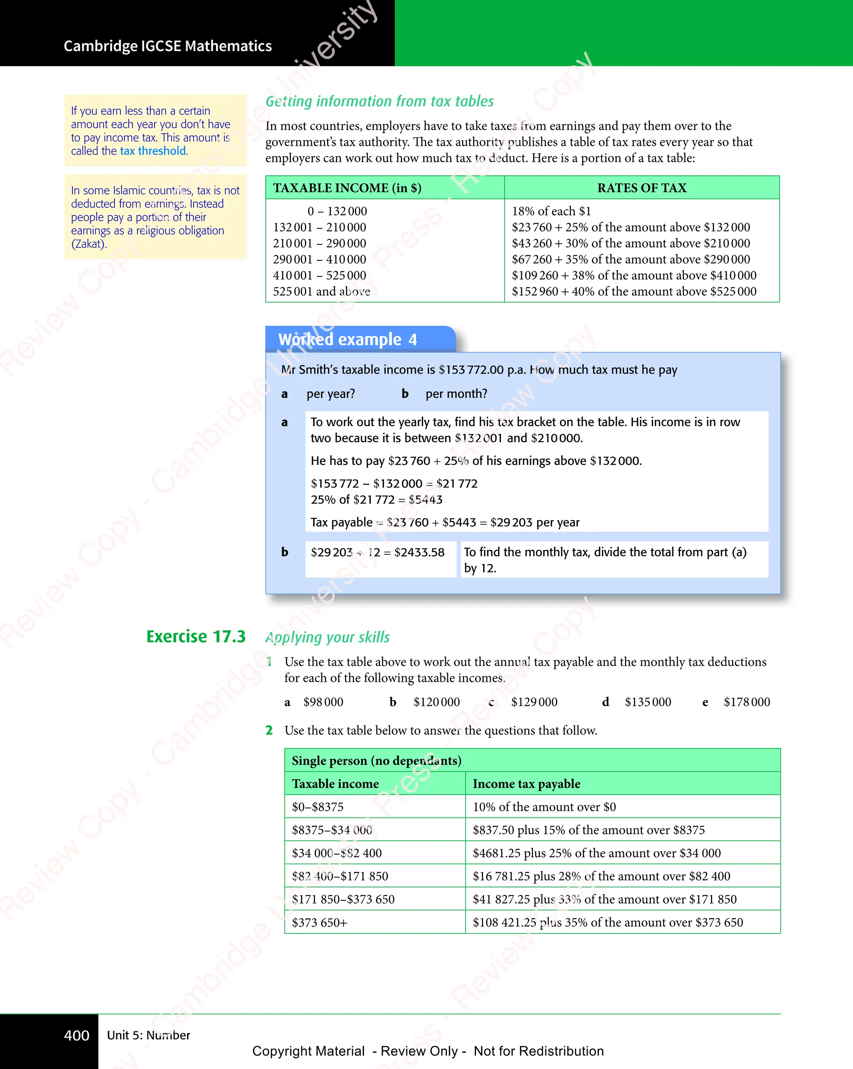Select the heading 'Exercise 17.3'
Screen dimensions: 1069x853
coord(196,637)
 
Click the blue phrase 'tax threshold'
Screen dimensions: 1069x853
coord(153,151)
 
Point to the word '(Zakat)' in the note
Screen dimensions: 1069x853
coord(88,244)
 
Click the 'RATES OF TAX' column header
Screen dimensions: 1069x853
coord(642,188)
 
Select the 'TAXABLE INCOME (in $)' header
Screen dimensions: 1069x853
coord(347,188)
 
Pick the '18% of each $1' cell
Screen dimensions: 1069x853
coord(551,211)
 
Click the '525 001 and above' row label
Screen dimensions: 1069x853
coord(322,292)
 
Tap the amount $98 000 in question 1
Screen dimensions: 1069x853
coord(323,702)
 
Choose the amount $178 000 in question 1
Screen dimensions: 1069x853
coord(746,702)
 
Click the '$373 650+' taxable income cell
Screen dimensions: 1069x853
coord(319,922)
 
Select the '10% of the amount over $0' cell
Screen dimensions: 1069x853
coord(544,807)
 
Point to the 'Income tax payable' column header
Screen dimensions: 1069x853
coord(526,784)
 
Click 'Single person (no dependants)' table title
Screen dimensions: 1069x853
coord(377,760)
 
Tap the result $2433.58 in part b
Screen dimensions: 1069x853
coord(419,552)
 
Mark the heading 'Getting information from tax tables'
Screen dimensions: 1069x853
coord(379,102)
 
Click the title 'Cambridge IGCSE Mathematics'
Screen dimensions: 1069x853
coord(167,46)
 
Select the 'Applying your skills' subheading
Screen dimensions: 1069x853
coord(327,637)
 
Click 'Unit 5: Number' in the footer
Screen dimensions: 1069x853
coord(148,1035)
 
